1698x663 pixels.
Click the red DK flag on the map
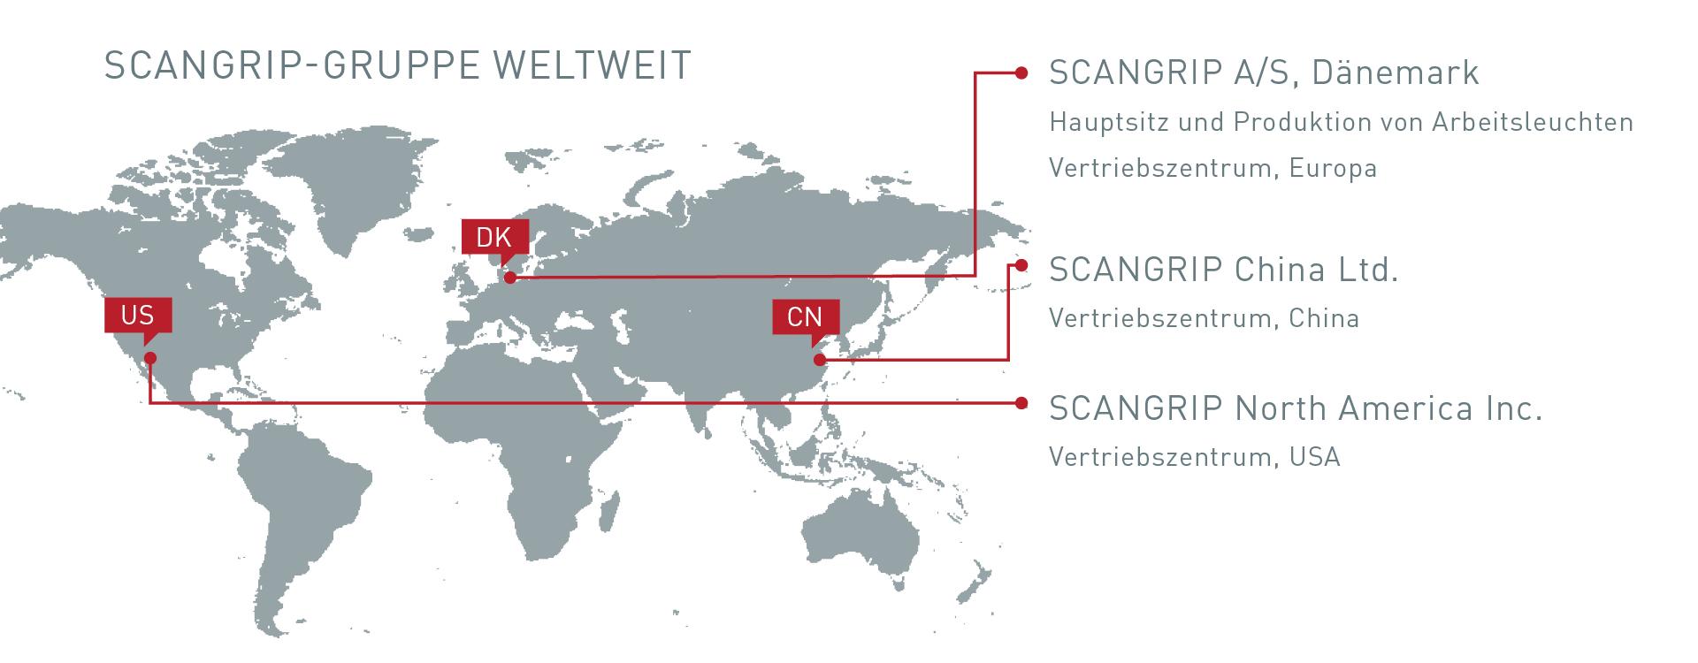[494, 237]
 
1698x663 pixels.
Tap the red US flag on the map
[137, 315]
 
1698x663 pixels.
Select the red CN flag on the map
[805, 316]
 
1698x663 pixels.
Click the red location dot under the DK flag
[510, 278]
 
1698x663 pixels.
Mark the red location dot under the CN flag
[820, 359]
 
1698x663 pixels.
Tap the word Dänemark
[1396, 72]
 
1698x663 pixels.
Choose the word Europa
[1333, 168]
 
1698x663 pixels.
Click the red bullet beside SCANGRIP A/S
[1021, 72]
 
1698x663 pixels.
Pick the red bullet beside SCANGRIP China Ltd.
[1021, 264]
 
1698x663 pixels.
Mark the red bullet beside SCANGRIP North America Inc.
[1021, 403]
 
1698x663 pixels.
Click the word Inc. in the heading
[1515, 408]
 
